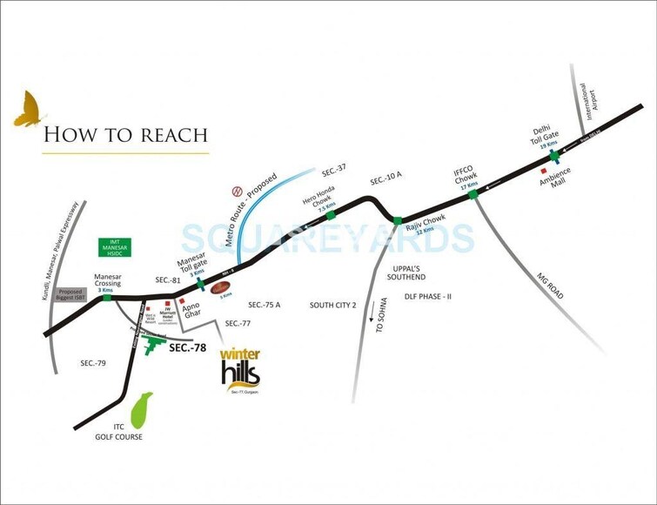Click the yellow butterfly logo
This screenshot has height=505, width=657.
(30, 107)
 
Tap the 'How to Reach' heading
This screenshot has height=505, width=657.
(125, 134)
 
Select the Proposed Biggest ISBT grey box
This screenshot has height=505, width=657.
(70, 295)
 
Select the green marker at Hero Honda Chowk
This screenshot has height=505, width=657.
(331, 214)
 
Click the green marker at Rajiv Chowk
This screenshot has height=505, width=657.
(397, 219)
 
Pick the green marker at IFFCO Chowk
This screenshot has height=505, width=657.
(473, 194)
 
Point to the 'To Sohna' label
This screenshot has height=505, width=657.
(379, 318)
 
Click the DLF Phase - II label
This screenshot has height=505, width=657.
(427, 297)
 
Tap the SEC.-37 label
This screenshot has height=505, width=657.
(334, 167)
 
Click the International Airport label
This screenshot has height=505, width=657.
(592, 102)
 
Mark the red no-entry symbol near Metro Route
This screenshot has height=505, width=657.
(233, 191)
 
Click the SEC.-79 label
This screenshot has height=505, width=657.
(92, 362)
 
